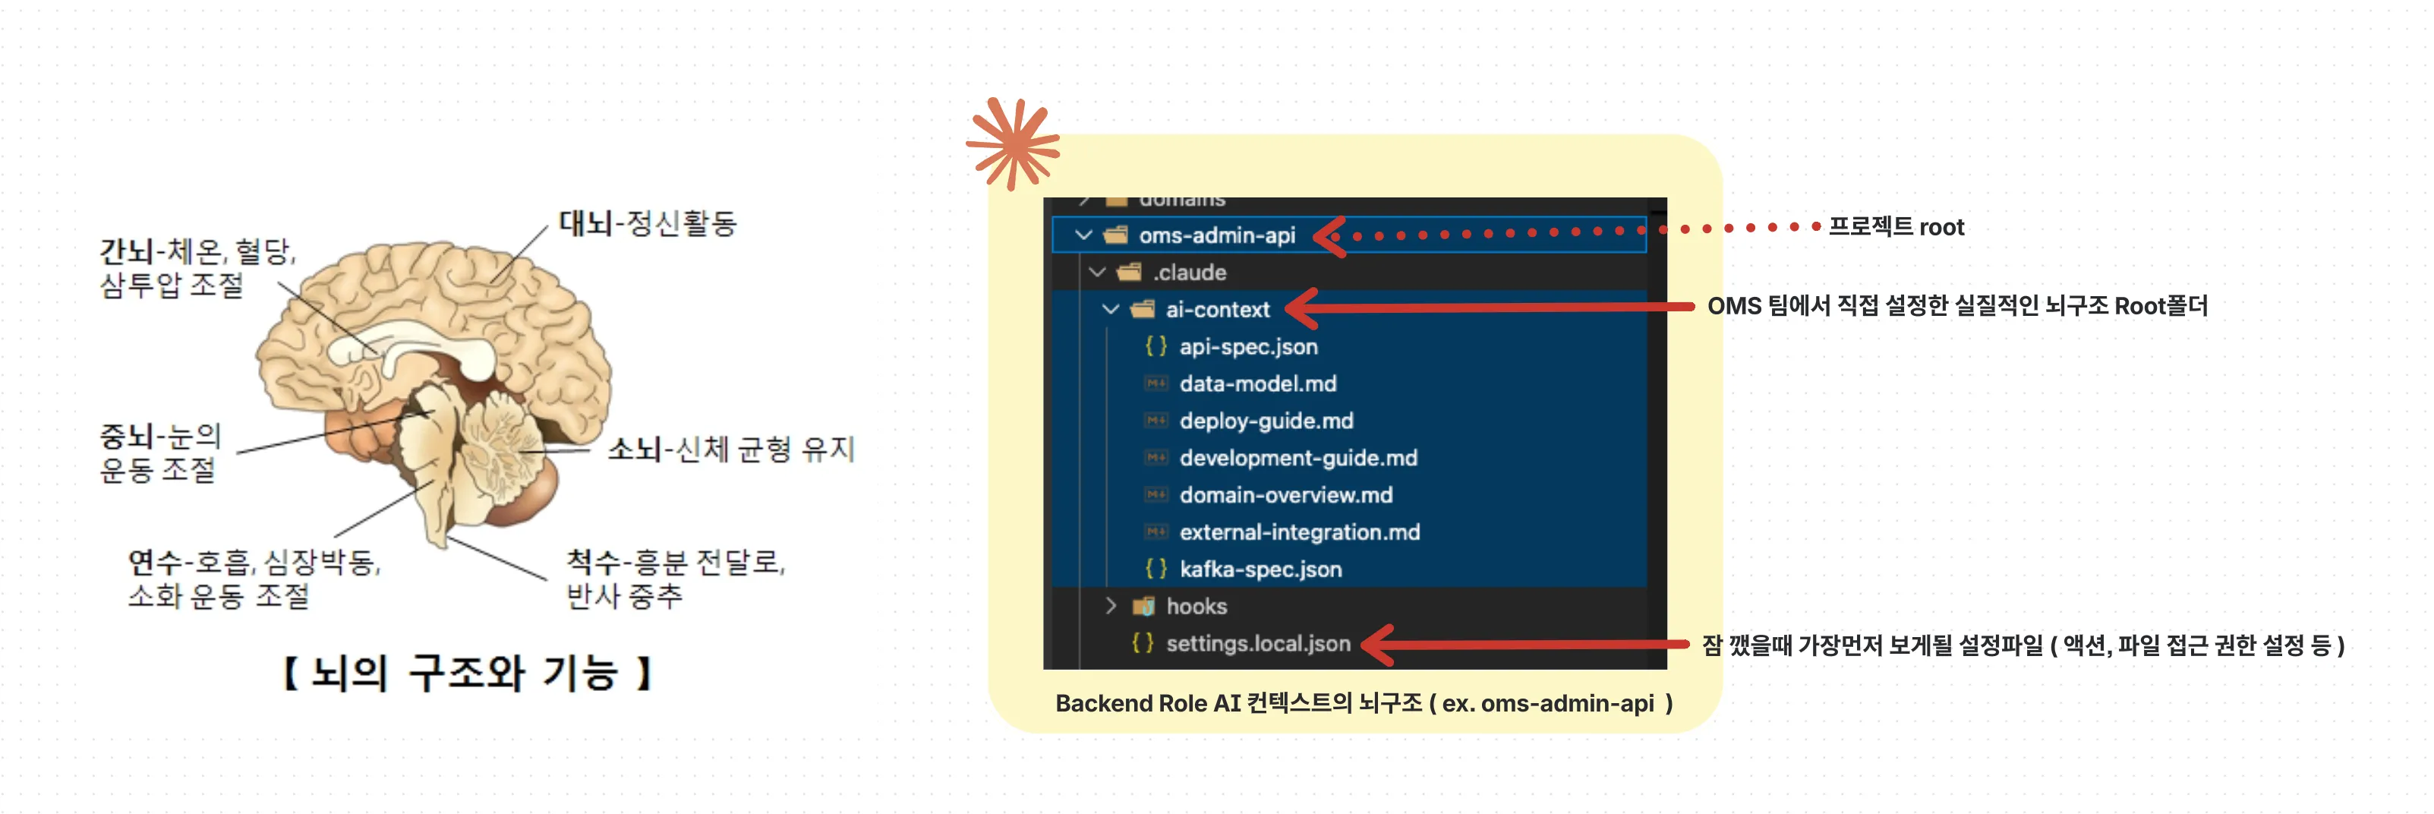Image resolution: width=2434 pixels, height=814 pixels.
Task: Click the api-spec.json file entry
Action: [1247, 347]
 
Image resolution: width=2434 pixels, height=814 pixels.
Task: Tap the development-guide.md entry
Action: [1297, 458]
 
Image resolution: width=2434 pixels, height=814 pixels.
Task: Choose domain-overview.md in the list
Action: [1285, 494]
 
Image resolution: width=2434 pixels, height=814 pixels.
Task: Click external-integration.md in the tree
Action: [1298, 532]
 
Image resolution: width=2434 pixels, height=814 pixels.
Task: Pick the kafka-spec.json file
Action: [1260, 569]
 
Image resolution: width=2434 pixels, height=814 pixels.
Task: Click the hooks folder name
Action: [1197, 606]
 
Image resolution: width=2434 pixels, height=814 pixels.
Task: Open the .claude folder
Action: [1189, 273]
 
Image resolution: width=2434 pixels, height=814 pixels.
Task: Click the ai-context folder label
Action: [1217, 309]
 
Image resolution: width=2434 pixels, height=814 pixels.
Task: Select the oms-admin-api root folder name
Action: [1216, 235]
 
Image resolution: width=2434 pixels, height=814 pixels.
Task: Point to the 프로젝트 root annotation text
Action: [1896, 227]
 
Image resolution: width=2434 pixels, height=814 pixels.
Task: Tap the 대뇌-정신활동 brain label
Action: [648, 223]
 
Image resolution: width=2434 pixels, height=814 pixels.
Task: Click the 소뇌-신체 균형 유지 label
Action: [730, 448]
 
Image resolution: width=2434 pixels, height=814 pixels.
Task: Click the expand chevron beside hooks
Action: [1111, 606]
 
